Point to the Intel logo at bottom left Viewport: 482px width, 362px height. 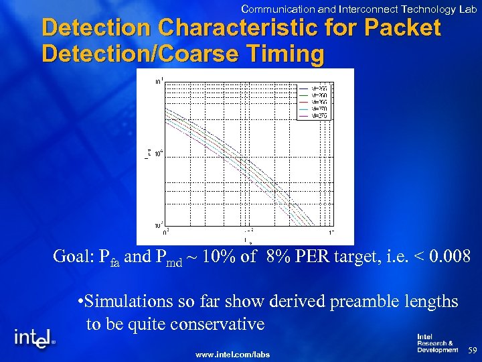[x=33, y=338]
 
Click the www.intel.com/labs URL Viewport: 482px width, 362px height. [x=232, y=354]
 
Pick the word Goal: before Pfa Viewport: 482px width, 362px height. [x=76, y=256]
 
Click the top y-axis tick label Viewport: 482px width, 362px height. [x=158, y=81]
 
